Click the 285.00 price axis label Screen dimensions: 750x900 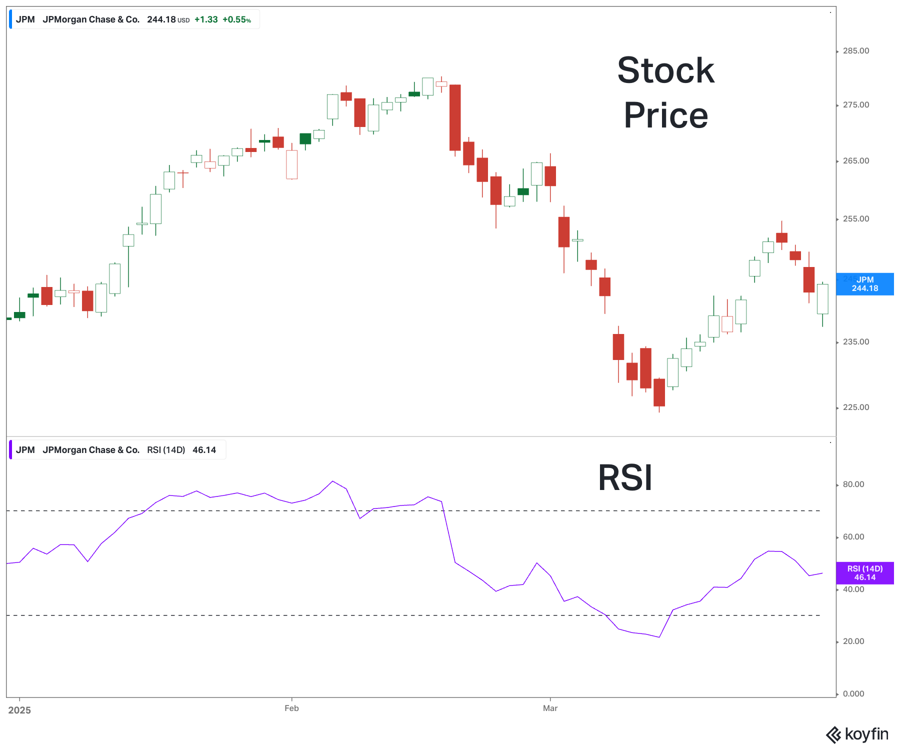[855, 51]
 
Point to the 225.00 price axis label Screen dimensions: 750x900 [855, 407]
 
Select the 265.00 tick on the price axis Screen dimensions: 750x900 [855, 161]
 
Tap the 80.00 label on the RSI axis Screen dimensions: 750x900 [853, 484]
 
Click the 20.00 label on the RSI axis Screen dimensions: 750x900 [853, 641]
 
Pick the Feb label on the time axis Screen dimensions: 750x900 [291, 708]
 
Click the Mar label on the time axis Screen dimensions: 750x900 [550, 708]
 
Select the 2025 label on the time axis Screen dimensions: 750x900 [19, 710]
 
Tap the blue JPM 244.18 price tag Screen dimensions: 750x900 [864, 284]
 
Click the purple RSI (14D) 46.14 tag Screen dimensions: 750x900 [864, 573]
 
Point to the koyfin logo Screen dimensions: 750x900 [857, 734]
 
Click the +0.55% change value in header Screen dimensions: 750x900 [236, 20]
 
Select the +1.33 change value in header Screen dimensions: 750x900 [206, 20]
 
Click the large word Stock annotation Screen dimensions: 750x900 [665, 70]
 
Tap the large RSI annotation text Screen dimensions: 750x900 [625, 478]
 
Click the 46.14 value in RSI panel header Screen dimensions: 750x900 [204, 450]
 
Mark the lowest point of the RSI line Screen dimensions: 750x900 [659, 637]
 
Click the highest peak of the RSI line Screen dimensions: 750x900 [332, 481]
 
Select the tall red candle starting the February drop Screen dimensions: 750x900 [455, 117]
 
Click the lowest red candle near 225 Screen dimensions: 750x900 [659, 392]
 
